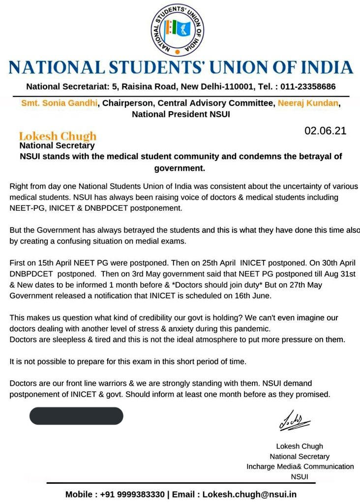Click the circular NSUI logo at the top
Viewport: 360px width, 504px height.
point(178,30)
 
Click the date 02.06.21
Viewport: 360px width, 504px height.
point(325,131)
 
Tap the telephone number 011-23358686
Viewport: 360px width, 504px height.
point(308,87)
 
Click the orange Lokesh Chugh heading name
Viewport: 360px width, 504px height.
point(58,136)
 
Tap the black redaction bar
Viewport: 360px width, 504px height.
point(76,416)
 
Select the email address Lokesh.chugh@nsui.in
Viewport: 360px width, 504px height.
point(250,494)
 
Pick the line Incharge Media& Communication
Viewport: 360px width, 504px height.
point(300,466)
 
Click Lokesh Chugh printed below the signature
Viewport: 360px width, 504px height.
point(300,446)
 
